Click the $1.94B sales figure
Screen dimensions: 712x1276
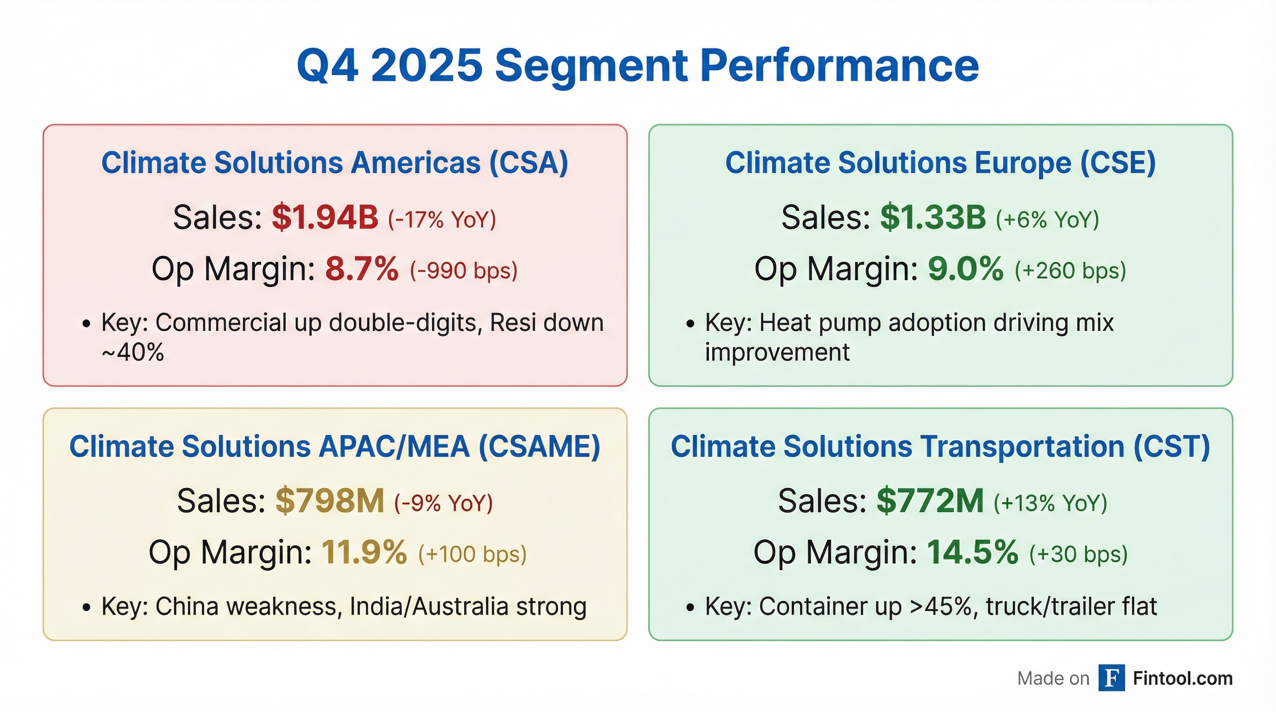pyautogui.click(x=325, y=218)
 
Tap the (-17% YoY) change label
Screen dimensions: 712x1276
pyautogui.click(x=441, y=219)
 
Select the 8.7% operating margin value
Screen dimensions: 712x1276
pyautogui.click(x=362, y=269)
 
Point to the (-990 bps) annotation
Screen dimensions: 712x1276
pyautogui.click(x=464, y=271)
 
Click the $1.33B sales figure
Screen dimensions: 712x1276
pyautogui.click(x=933, y=218)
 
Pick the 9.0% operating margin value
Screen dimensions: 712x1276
pyautogui.click(x=965, y=269)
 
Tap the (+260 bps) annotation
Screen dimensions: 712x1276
pyautogui.click(x=1071, y=271)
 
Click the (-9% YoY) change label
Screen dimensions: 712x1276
pyautogui.click(x=443, y=503)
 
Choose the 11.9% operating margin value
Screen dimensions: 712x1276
pyautogui.click(x=364, y=553)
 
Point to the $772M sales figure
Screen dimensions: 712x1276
pyautogui.click(x=930, y=501)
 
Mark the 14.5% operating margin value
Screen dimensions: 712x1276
pyautogui.click(x=972, y=553)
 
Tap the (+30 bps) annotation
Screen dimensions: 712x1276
pyautogui.click(x=1078, y=554)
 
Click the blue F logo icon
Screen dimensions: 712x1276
pyautogui.click(x=1111, y=678)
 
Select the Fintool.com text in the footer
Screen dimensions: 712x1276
pyautogui.click(x=1182, y=678)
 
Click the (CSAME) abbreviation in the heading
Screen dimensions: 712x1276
pyautogui.click(x=539, y=446)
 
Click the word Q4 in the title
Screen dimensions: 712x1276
pyautogui.click(x=327, y=66)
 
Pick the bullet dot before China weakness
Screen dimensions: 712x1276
pyautogui.click(x=87, y=608)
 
